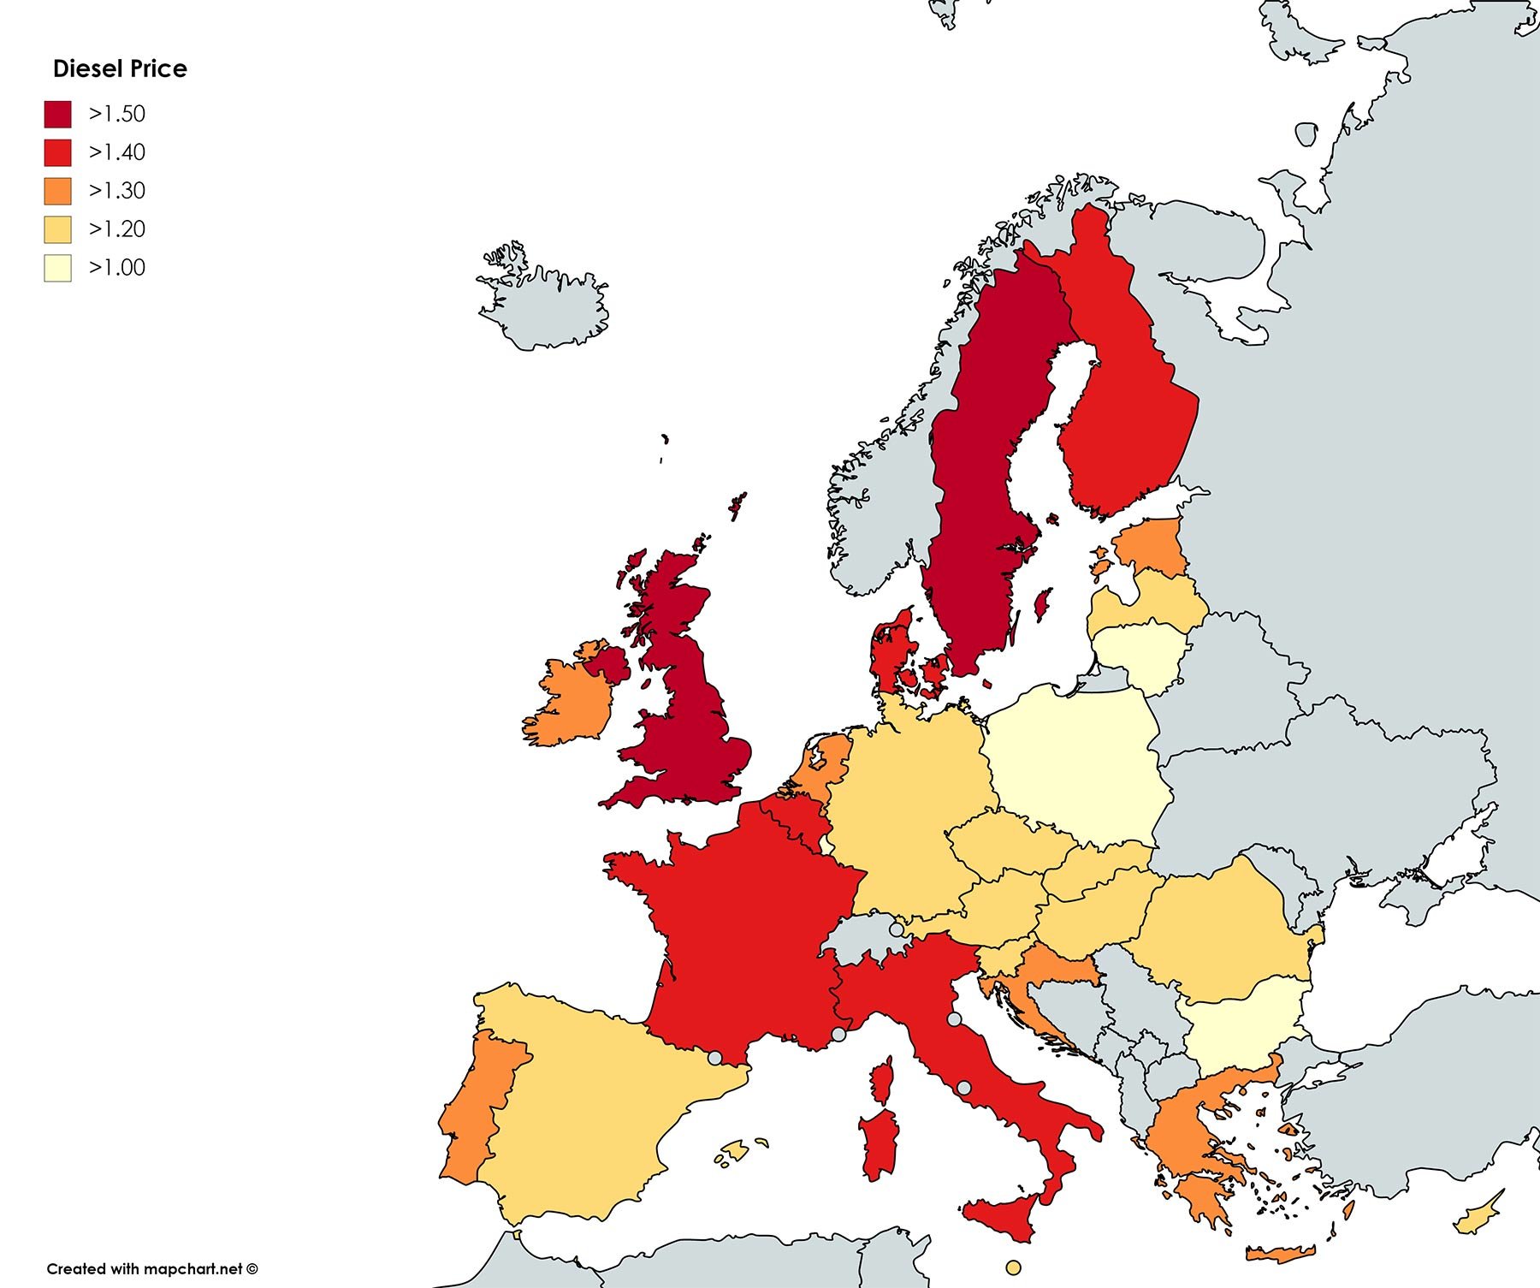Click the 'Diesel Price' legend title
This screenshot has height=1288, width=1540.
point(120,68)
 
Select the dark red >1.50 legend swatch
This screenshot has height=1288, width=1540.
point(58,114)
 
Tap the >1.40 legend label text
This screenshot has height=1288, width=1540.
point(117,152)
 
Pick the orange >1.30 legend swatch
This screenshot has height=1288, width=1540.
point(58,191)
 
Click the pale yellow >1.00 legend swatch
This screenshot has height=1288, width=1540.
point(58,268)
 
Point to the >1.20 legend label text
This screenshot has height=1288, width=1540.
point(117,229)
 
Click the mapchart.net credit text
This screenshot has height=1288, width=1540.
point(151,1268)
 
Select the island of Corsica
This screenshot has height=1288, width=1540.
point(882,1080)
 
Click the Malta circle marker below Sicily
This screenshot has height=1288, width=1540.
point(1014,1267)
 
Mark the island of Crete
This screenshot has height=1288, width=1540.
point(1279,1255)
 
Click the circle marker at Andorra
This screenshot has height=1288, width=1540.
point(714,1058)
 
